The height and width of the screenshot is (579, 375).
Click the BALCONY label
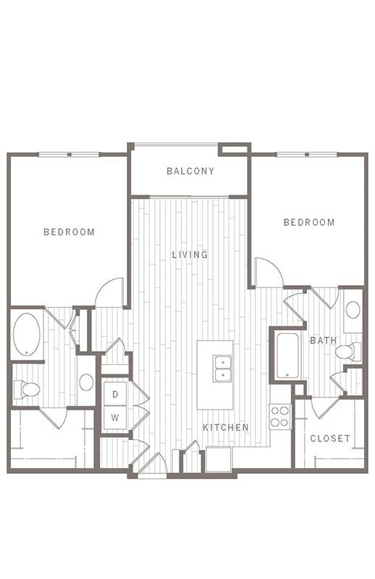click(190, 171)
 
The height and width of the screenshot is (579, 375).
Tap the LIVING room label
click(190, 255)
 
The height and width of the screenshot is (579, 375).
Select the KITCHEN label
click(226, 427)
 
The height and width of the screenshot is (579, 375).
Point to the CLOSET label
click(330, 439)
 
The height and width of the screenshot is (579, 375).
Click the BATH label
click(324, 340)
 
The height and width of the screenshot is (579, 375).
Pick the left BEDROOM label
click(69, 232)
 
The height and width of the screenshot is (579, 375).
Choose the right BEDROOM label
click(309, 222)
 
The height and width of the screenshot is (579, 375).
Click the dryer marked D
click(115, 394)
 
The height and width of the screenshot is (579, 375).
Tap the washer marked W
click(115, 418)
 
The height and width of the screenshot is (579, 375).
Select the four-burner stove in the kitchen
click(280, 417)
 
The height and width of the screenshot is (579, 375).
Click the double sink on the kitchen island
click(222, 368)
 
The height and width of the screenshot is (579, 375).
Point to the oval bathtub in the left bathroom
click(27, 334)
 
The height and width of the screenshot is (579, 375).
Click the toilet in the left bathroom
click(27, 389)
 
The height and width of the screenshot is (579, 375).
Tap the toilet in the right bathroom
click(348, 352)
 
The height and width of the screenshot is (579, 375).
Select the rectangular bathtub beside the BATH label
click(288, 355)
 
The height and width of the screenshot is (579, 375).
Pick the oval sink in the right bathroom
click(353, 310)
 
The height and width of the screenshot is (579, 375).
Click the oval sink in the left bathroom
click(86, 382)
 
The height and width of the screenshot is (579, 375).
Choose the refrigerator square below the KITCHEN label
click(219, 459)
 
